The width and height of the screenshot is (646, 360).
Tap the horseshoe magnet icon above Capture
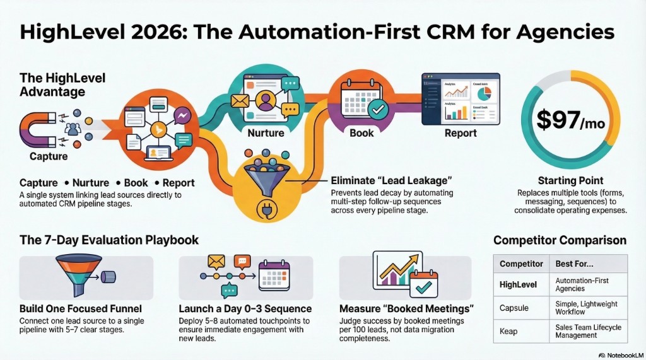pos(39,129)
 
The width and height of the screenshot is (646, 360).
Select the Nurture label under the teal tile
pos(265,133)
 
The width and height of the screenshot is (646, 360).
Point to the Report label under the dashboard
pos(460,133)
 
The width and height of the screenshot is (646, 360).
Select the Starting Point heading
pos(571,180)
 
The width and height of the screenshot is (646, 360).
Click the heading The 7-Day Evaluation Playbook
pos(109,240)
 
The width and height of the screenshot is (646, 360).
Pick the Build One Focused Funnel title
pos(81,308)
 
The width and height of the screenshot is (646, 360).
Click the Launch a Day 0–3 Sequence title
pos(245,308)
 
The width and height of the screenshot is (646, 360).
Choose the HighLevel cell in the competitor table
pos(518,284)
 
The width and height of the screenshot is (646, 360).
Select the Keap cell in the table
pos(508,331)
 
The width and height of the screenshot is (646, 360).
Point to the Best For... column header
pos(575,264)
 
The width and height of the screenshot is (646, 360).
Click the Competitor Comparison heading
pos(560,240)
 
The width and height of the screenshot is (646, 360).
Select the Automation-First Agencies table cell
pos(582,284)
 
